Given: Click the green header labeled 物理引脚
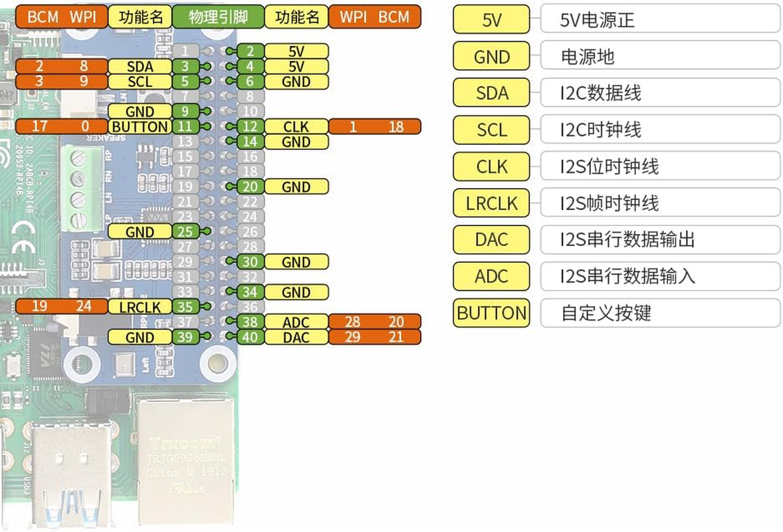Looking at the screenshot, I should click(218, 17).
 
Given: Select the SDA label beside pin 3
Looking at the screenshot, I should click(140, 66).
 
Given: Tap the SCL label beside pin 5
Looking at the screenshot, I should click(140, 82).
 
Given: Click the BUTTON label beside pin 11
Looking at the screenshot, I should click(140, 126).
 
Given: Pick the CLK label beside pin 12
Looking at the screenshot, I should click(296, 126).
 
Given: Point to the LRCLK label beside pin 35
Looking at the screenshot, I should click(140, 307).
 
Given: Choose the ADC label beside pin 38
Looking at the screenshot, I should click(296, 322).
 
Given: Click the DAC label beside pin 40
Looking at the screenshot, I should click(296, 337).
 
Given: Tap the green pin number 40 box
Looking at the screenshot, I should click(250, 337).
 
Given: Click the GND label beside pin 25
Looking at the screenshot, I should click(140, 231).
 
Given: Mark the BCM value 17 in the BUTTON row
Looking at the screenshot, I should click(40, 126).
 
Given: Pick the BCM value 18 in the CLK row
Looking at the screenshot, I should click(395, 126).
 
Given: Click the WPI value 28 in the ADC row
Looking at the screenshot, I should click(352, 322).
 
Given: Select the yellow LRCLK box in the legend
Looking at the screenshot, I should click(491, 203).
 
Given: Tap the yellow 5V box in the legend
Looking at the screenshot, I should click(491, 20).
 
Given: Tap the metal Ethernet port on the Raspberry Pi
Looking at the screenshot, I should click(186, 459).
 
